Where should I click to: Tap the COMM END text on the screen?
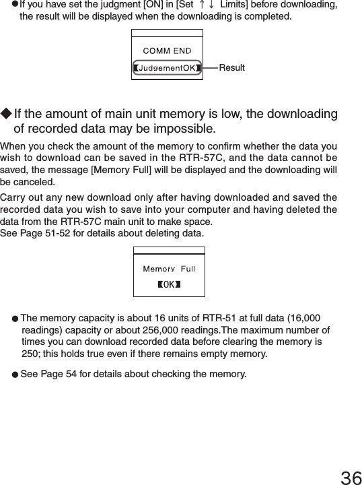pos(167,51)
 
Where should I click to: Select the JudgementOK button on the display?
pos(167,67)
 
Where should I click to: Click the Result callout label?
pos(232,68)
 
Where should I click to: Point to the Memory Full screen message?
pos(169,269)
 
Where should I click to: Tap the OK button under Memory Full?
pos(169,284)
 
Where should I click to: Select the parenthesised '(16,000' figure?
pos(305,318)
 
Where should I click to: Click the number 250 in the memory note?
pos(30,354)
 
